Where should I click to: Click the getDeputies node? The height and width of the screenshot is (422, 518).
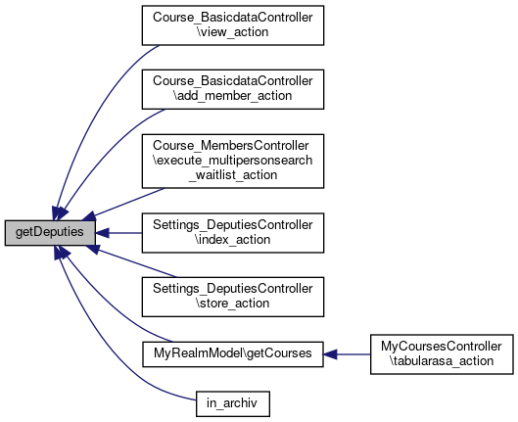tap(50, 233)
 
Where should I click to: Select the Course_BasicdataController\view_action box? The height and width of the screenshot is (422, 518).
tap(233, 25)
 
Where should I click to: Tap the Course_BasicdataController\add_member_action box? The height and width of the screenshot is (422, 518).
tap(233, 89)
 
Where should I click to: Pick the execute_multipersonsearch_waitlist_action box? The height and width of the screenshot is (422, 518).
tap(233, 162)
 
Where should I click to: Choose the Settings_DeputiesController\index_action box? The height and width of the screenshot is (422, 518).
tap(233, 233)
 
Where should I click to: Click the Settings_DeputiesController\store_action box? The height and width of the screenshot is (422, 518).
tap(233, 297)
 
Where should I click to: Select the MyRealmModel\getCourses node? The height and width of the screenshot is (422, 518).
tap(233, 354)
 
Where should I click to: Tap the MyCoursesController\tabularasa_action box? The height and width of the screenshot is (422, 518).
tap(442, 354)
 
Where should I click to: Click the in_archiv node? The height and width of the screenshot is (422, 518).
tap(233, 403)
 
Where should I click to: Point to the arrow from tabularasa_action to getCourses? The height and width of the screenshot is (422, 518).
tap(347, 354)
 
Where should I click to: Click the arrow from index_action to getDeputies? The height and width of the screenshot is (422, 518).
tap(118, 233)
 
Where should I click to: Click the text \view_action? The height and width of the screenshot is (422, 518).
tap(232, 32)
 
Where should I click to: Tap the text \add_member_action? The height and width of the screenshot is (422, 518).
tap(232, 96)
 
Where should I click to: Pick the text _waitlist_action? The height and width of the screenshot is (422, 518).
tap(233, 175)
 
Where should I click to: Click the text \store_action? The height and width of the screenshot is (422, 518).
tap(233, 304)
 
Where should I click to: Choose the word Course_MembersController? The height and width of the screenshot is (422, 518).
tap(231, 146)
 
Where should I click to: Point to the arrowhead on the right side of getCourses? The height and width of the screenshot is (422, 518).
tap(330, 354)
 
